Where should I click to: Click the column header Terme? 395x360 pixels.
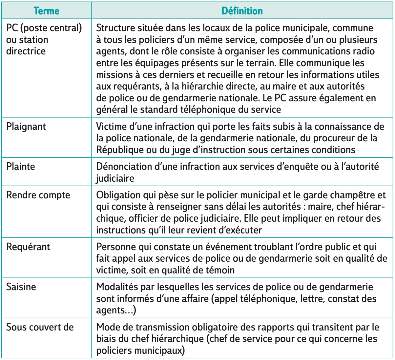(x=46, y=11)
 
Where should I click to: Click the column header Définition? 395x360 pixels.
(x=242, y=11)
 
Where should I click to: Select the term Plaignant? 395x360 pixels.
(x=26, y=127)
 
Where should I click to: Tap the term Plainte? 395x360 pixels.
(x=21, y=167)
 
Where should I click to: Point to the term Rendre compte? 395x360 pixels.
(x=38, y=195)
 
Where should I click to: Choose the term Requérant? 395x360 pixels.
(x=28, y=247)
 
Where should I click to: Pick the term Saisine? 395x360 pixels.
(x=21, y=287)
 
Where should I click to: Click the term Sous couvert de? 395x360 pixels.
(x=40, y=327)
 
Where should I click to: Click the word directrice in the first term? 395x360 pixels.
(x=26, y=51)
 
